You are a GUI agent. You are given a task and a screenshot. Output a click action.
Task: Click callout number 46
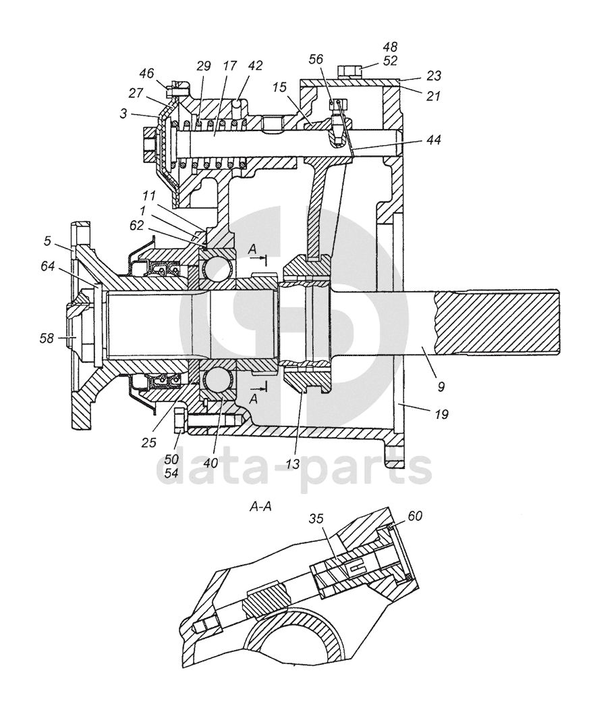pyautogui.click(x=146, y=73)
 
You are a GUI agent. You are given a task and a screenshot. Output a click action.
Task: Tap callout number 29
pyautogui.click(x=203, y=66)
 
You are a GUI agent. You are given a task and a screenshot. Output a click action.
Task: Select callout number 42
pyautogui.click(x=255, y=66)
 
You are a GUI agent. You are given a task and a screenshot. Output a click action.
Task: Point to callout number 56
pyautogui.click(x=316, y=59)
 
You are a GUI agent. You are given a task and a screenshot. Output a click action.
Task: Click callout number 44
pyautogui.click(x=432, y=140)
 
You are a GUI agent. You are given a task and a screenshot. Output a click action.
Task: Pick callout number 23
pyautogui.click(x=433, y=76)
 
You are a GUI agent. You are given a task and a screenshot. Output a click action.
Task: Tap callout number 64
pyautogui.click(x=47, y=266)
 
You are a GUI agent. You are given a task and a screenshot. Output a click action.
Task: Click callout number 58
pyautogui.click(x=47, y=338)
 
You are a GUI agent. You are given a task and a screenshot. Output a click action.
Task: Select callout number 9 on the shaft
pyautogui.click(x=441, y=386)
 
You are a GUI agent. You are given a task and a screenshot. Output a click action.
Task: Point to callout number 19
pyautogui.click(x=441, y=414)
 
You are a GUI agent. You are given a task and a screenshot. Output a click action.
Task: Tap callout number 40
pyautogui.click(x=211, y=463)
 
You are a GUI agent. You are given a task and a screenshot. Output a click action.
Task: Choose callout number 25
pyautogui.click(x=149, y=443)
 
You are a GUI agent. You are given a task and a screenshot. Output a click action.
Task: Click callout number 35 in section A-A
pyautogui.click(x=316, y=519)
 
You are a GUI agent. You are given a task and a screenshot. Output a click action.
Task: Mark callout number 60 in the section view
pyautogui.click(x=415, y=516)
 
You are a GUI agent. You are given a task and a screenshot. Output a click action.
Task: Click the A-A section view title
pyautogui.click(x=260, y=507)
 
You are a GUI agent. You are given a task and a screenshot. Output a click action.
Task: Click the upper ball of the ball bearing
pyautogui.click(x=217, y=268)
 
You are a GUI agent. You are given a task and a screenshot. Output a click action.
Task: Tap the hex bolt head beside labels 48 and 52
pyautogui.click(x=349, y=71)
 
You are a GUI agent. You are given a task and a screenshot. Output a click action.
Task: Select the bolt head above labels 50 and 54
pyautogui.click(x=179, y=420)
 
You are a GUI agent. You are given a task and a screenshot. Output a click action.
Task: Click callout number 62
pyautogui.click(x=137, y=225)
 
